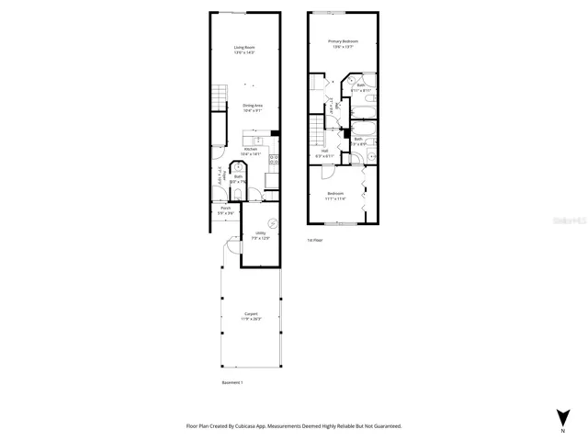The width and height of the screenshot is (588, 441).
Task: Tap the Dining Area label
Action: click(252, 107)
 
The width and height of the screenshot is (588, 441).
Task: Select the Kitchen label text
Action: click(251, 149)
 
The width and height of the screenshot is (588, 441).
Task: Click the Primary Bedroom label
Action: click(343, 42)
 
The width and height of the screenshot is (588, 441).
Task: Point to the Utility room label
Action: click(261, 234)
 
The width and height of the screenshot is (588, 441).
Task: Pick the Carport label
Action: click(251, 314)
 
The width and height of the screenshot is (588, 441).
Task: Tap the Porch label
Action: click(226, 209)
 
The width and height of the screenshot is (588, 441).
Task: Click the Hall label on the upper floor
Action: click(324, 152)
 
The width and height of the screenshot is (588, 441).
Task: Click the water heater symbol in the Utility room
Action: click(272, 220)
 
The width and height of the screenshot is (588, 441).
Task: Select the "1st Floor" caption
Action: click(315, 240)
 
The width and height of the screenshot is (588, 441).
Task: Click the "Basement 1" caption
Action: click(232, 382)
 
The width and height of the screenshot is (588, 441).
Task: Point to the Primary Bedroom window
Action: click(344, 13)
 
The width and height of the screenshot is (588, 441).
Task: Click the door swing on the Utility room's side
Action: click(232, 248)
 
